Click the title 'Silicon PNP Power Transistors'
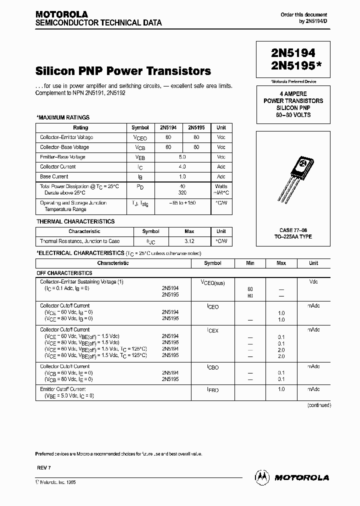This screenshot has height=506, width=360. [123, 71]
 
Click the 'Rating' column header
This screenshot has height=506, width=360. [80, 127]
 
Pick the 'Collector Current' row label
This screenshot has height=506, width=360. [58, 166]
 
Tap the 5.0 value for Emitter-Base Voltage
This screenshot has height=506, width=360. [182, 157]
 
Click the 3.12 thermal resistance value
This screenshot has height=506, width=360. [189, 241]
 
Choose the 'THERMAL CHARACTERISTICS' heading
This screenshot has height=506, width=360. [75, 221]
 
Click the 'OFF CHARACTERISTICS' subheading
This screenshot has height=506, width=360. [64, 273]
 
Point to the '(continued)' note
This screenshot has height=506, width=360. [318, 405]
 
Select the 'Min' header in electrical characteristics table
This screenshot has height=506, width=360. [250, 263]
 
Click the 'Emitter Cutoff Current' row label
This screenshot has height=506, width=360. [63, 389]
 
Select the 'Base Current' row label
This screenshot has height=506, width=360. [54, 176]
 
